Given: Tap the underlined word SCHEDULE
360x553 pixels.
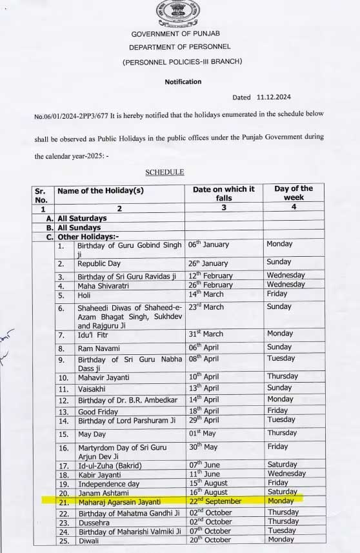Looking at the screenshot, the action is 165,172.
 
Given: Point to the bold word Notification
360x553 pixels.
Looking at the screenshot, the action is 183,82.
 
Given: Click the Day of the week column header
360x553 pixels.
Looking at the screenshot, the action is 293,193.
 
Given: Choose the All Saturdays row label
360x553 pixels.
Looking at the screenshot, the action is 82,219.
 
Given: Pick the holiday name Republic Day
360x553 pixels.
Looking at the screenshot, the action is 99,263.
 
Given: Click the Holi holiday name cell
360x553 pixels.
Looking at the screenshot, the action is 85,295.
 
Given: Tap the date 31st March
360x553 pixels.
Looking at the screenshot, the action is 205,334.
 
